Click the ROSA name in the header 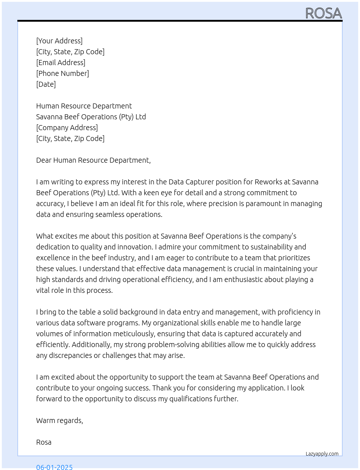click(323, 13)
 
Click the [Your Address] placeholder click(59, 41)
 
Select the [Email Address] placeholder click(61, 63)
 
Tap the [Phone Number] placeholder click(63, 73)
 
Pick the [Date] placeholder click(46, 84)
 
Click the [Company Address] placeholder click(67, 128)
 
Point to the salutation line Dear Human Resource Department click(93, 160)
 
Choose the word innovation click(130, 247)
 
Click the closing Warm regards click(59, 420)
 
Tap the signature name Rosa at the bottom click(44, 442)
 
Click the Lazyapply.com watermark click(322, 454)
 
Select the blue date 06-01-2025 click(54, 467)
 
